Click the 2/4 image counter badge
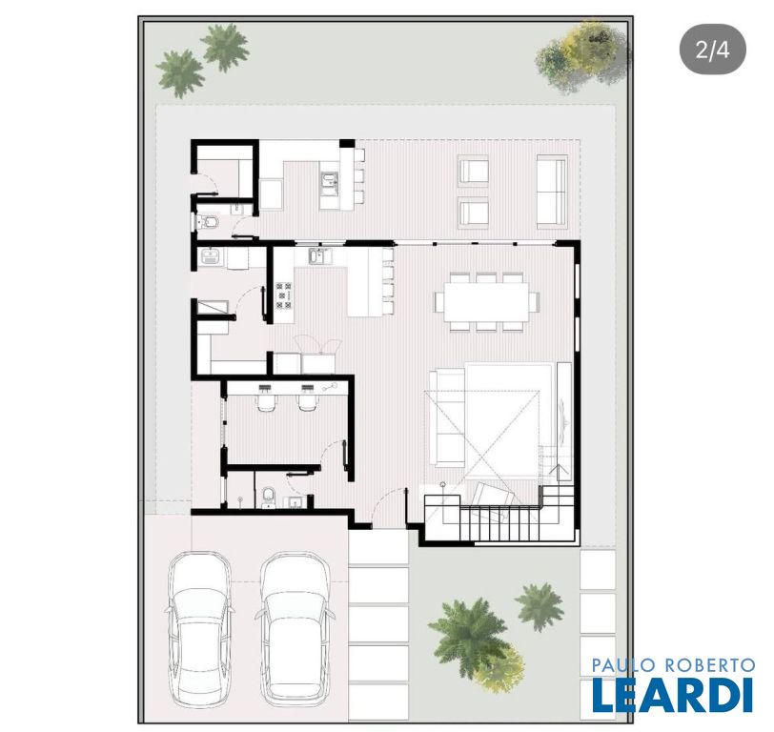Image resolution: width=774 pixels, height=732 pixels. (712, 50)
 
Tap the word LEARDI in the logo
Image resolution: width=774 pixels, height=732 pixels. (673, 696)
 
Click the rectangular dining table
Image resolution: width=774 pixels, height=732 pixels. (486, 301)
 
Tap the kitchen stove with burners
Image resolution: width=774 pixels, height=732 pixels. (284, 295)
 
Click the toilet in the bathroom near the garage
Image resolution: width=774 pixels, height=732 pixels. (269, 497)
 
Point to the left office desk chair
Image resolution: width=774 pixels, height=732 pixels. (266, 402)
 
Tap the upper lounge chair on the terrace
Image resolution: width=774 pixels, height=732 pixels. (474, 172)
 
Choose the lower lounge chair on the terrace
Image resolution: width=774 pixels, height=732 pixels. (474, 213)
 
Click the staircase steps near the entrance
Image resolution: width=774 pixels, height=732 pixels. (499, 523)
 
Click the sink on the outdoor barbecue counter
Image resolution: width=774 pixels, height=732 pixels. (329, 181)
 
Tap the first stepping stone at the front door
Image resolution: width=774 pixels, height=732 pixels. (378, 547)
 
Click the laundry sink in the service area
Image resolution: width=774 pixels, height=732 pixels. (213, 256)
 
